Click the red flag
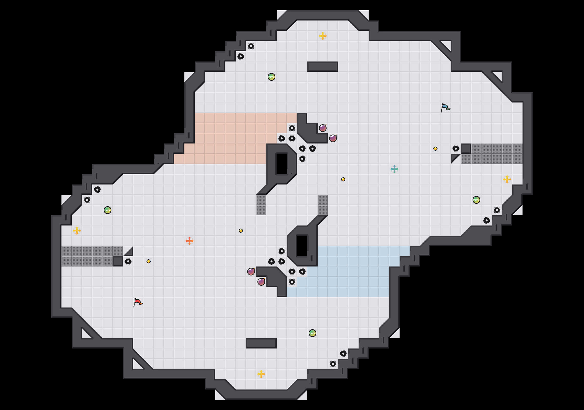pos(138,302)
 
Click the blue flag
pos(445,108)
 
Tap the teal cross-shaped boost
pos(394,169)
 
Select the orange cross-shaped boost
pos(190,241)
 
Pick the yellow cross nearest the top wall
pos(323,36)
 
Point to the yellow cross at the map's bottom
pos(261,374)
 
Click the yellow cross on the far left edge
pos(77,231)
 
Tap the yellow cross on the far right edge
pos(507,179)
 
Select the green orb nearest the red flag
pos(108,210)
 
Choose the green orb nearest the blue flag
pos(476,200)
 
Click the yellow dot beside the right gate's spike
pos(435,149)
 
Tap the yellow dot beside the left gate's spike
pos(149,261)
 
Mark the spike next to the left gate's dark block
pos(128,261)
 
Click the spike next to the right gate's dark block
pos(456,149)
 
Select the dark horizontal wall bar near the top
pos(323,67)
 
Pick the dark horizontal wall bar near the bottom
pos(261,343)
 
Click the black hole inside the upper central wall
pos(282,164)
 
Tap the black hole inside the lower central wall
pos(302,246)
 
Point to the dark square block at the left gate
pos(118,261)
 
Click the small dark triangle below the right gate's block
pos(454,157)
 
